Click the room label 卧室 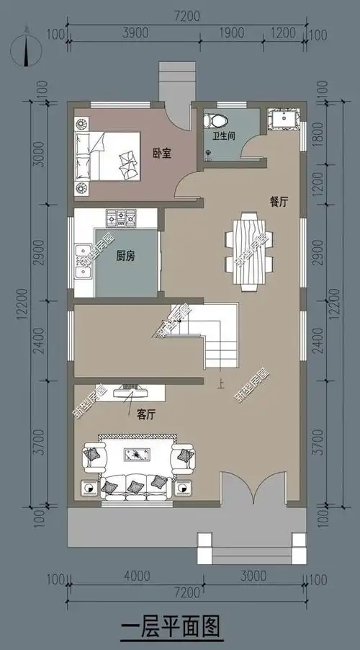tap(161, 153)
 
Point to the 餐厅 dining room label tap(279, 202)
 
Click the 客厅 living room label tap(146, 414)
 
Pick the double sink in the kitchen tap(84, 260)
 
